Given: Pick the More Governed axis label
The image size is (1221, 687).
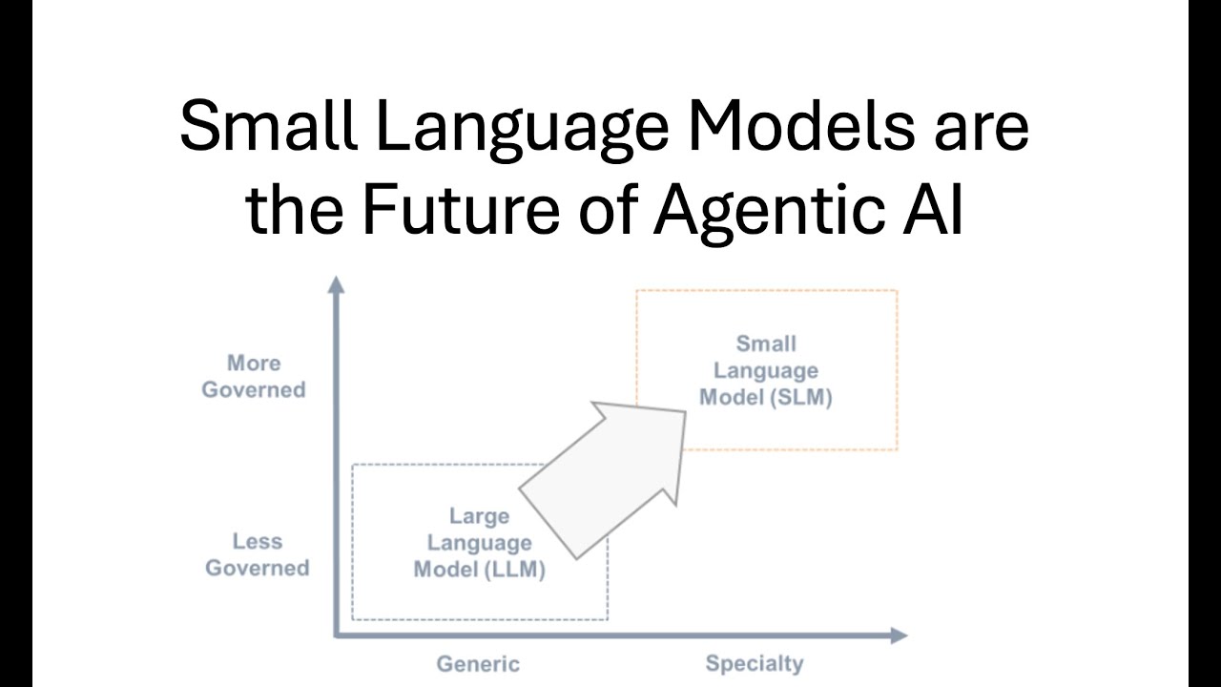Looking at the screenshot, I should coord(254,376).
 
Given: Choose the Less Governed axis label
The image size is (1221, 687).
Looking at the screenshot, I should coord(258,554).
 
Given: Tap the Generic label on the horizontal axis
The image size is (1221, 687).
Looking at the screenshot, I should coord(478,664).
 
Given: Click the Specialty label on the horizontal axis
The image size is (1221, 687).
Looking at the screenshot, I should coord(755,663).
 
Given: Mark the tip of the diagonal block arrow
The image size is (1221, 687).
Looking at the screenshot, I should coord(683,413).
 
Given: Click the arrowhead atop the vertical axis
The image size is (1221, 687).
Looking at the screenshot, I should coord(336,283).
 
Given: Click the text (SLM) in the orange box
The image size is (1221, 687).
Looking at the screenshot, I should coord(803,397).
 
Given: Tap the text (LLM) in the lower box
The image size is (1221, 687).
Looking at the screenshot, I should coord(516,570).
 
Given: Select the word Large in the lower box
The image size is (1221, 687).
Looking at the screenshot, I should coord(479,516).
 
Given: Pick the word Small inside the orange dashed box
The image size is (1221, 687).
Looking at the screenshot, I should coord(766,343).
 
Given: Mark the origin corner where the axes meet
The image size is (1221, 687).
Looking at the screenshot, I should coord(337,634).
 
